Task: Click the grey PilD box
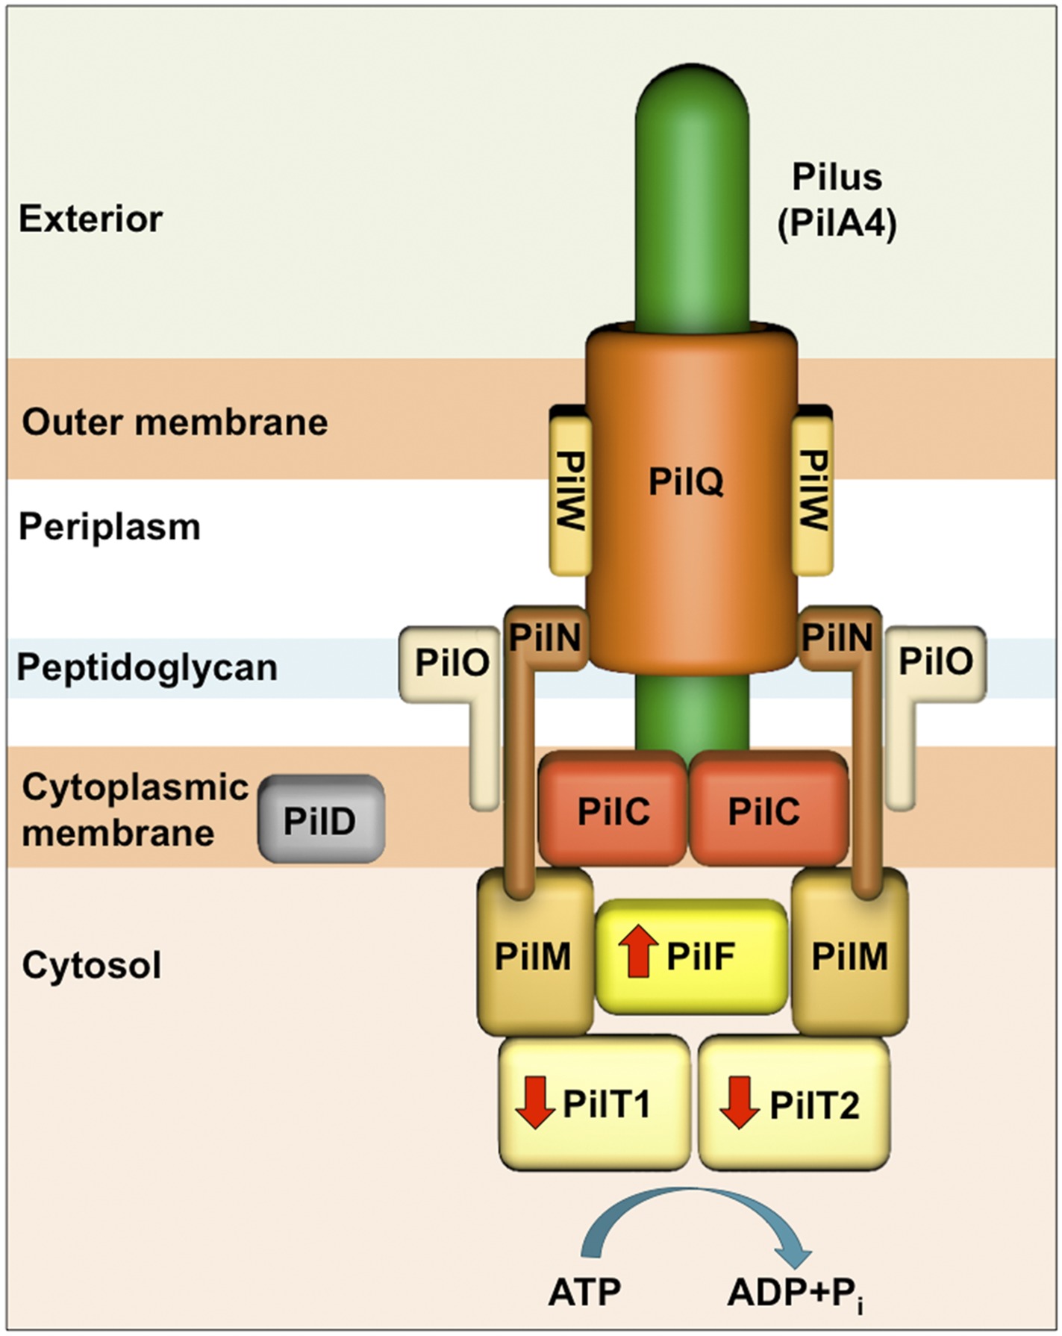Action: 321,819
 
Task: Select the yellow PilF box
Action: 692,956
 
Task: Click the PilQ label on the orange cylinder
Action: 686,481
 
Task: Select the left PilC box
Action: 613,810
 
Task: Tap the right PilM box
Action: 850,956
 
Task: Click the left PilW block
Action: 571,493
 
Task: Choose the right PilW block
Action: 812,493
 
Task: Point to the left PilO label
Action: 452,661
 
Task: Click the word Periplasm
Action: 110,527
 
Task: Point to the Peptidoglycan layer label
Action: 147,667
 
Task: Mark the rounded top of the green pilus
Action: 692,90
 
